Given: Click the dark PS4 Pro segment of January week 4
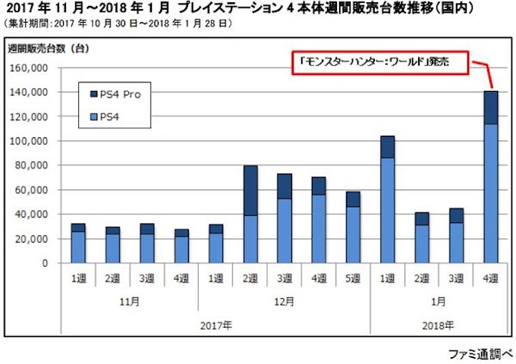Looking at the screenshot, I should point(491,108).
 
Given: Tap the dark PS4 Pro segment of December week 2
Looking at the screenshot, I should point(250,190).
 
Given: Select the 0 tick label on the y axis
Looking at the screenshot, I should point(45,263).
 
